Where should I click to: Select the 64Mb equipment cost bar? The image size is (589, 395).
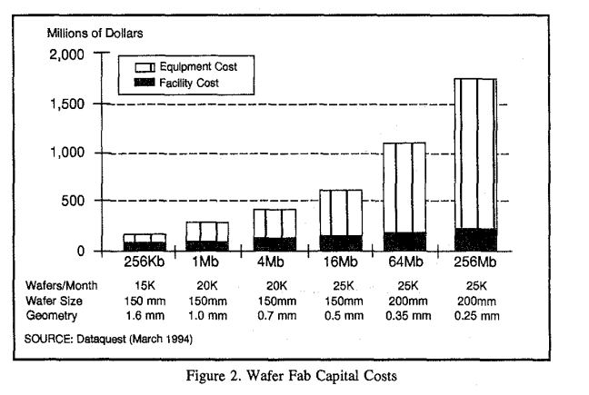coord(404,187)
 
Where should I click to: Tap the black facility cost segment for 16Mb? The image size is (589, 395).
coord(340,242)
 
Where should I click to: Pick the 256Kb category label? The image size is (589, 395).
coord(145,262)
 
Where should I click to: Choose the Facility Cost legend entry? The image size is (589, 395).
coord(188,83)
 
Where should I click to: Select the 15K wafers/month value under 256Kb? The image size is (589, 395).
coord(145,283)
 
